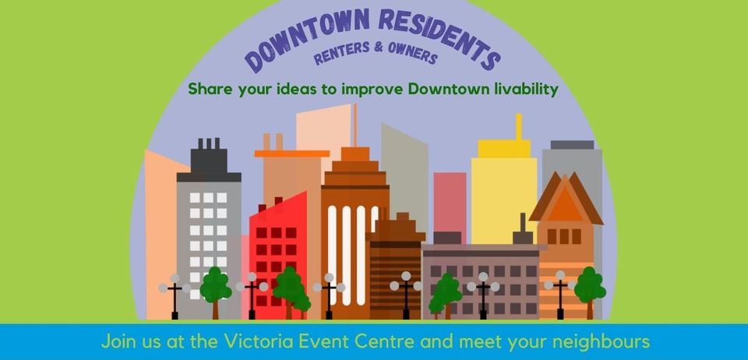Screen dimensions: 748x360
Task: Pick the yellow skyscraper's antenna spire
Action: click(518, 127)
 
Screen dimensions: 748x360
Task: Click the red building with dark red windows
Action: click(277, 255)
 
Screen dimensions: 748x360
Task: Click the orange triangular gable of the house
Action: click(566, 203)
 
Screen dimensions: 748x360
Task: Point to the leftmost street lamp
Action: click(175, 296)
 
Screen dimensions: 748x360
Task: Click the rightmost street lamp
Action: click(560, 295)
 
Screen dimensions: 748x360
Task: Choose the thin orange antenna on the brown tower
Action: click(355, 125)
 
